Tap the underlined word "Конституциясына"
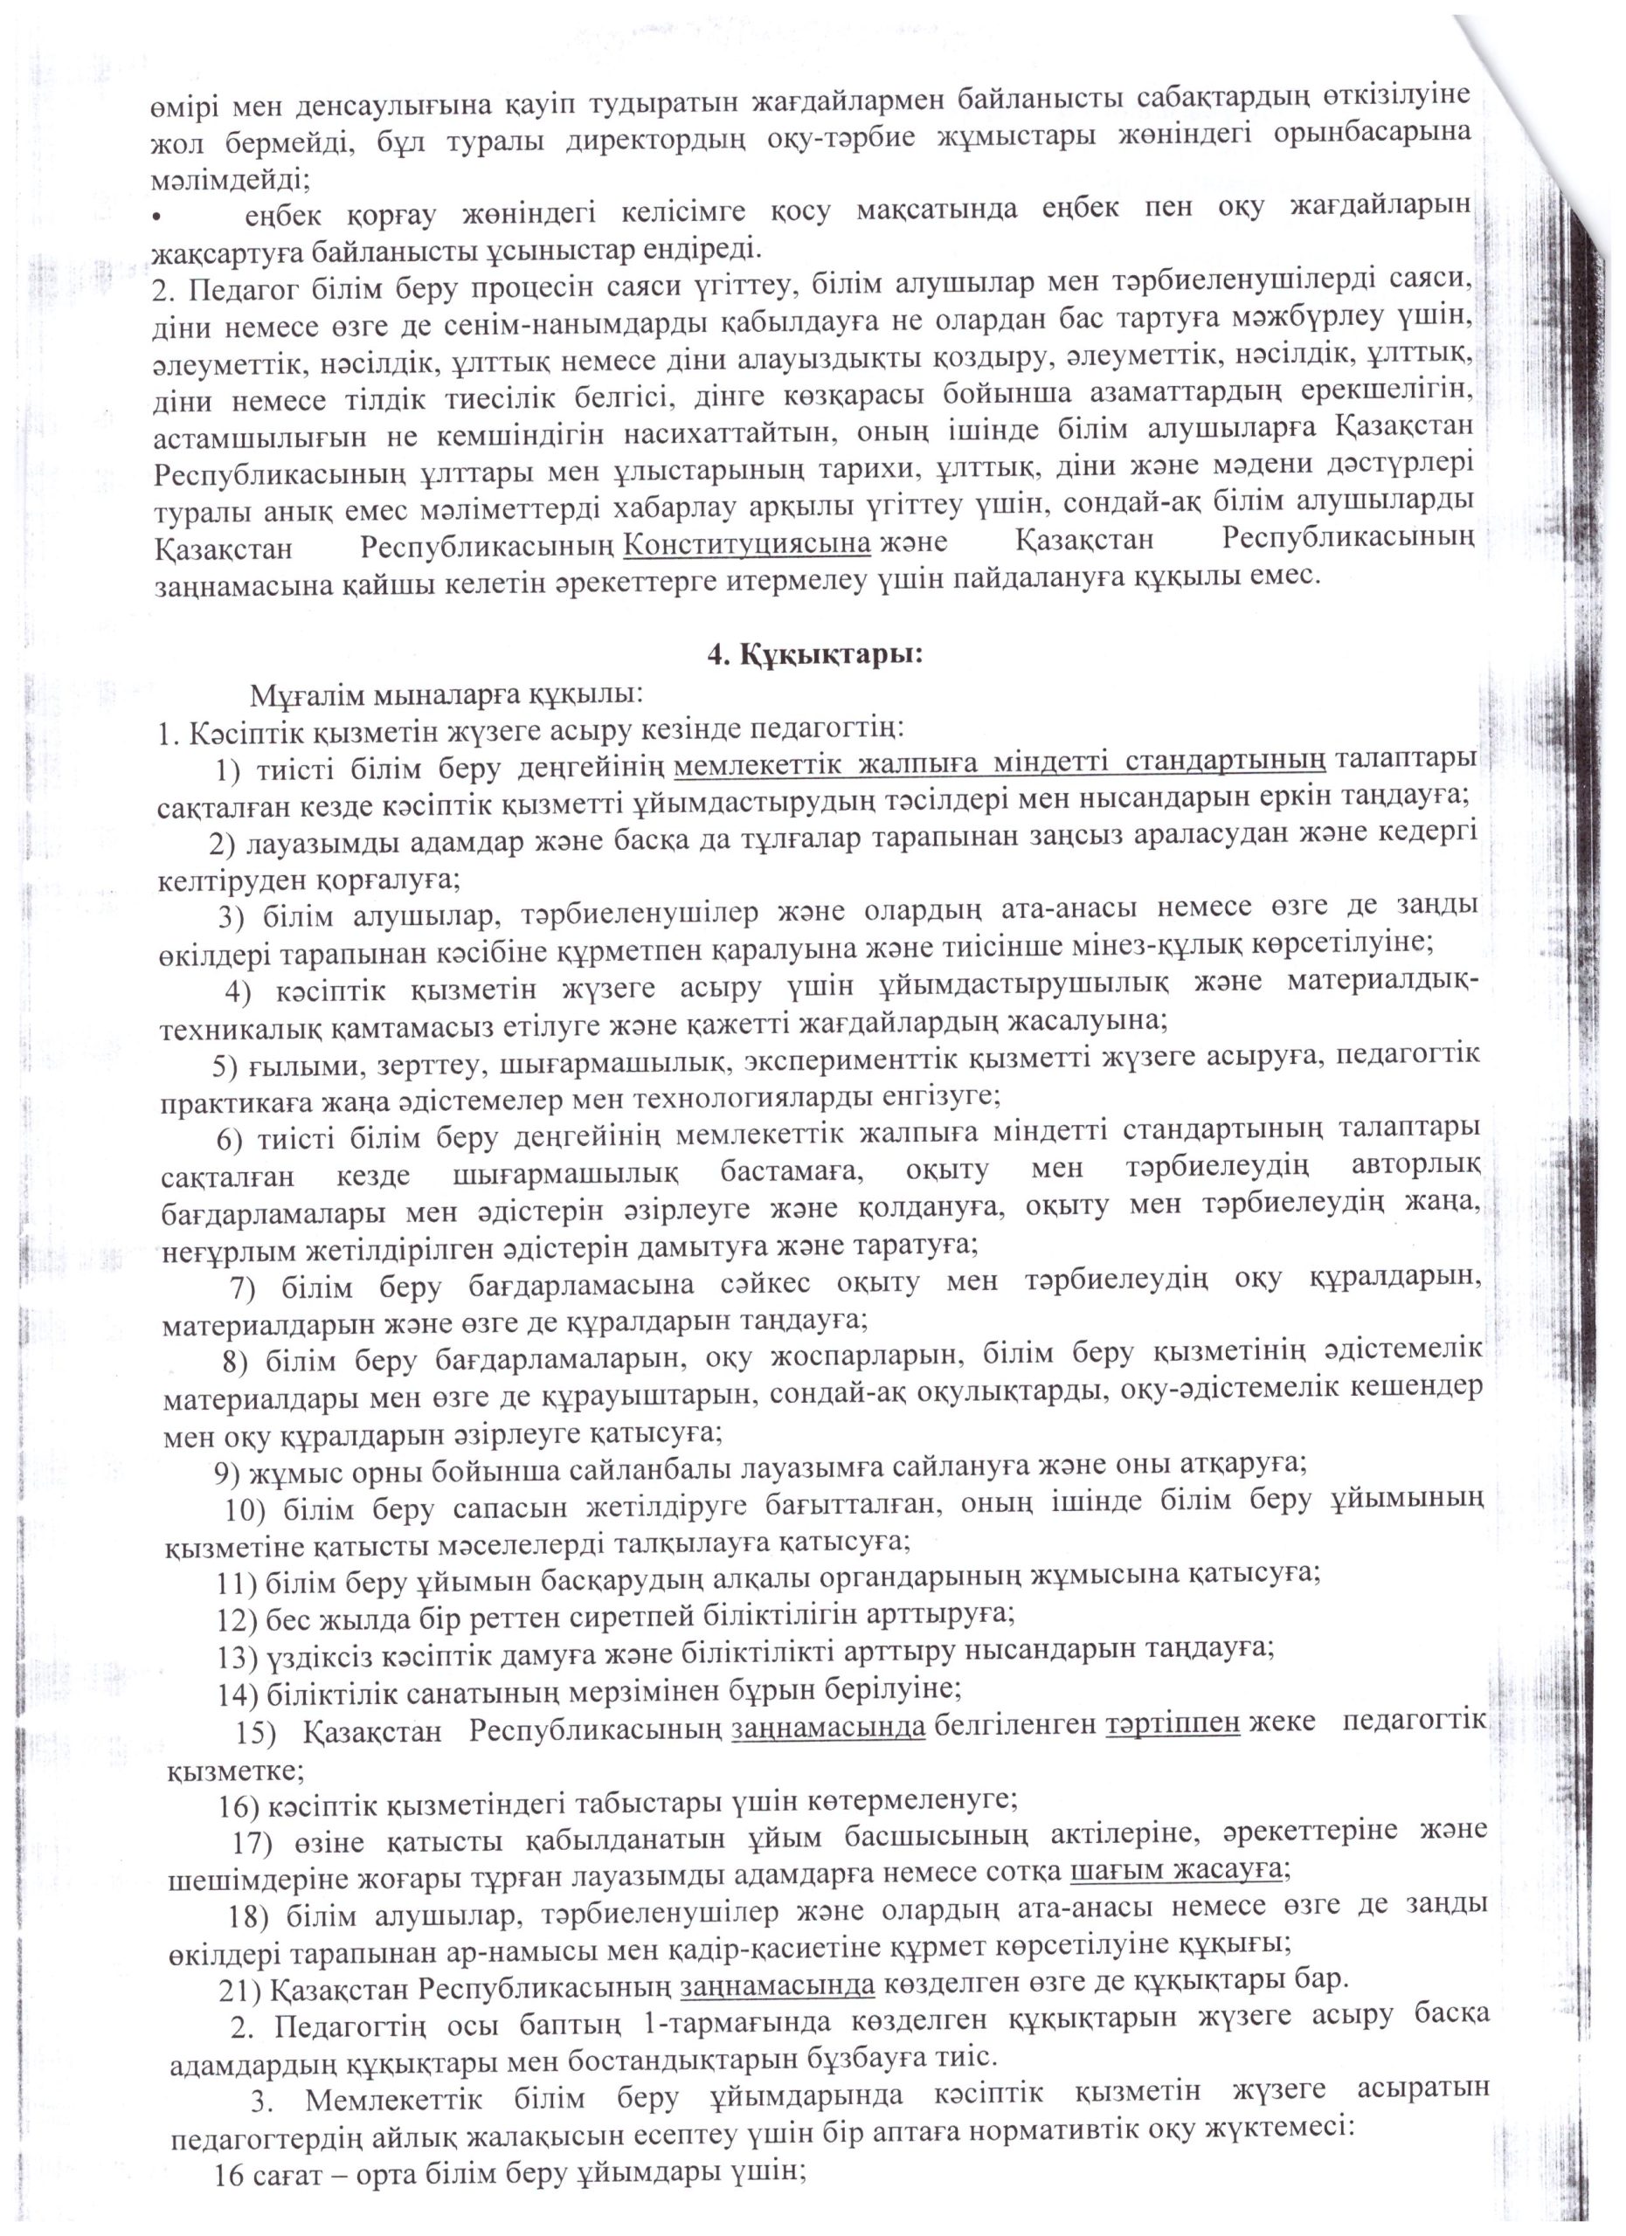click(749, 542)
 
